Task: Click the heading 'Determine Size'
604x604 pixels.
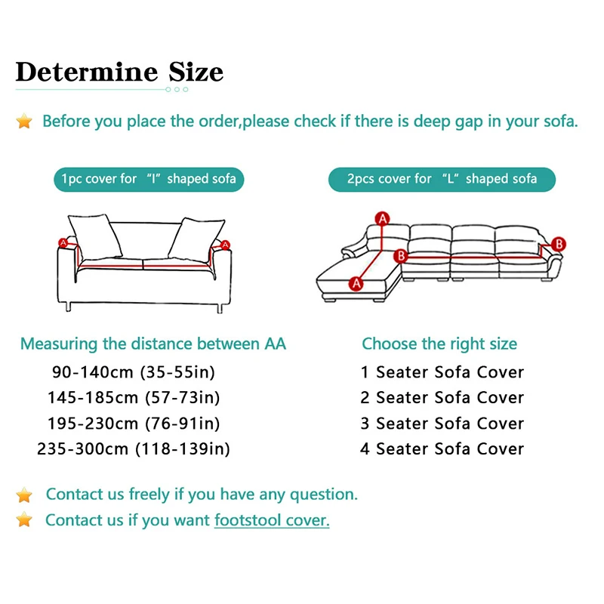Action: [x=119, y=72]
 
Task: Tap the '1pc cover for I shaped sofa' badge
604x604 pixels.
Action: [x=149, y=179]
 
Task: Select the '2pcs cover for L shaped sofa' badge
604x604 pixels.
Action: [x=442, y=179]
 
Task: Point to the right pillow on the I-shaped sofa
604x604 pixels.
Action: [x=196, y=238]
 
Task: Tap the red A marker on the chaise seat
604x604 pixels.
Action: [x=356, y=283]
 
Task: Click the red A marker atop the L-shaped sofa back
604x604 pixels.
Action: [x=383, y=219]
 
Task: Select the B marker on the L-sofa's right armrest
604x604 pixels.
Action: [x=558, y=244]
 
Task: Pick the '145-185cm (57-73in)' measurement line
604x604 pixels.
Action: [x=134, y=397]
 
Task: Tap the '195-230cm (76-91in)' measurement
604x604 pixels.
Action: [x=134, y=423]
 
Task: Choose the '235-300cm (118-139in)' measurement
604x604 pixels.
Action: [x=134, y=448]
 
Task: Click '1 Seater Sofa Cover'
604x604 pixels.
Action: [x=442, y=371]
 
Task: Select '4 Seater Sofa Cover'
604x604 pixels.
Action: [x=442, y=448]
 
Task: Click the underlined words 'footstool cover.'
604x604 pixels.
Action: [x=272, y=520]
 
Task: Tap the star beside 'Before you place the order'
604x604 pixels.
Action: [x=25, y=122]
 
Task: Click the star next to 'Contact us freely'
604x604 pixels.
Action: [x=25, y=495]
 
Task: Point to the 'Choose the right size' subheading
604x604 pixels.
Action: [x=439, y=344]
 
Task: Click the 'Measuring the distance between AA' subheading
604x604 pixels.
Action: [x=153, y=344]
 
